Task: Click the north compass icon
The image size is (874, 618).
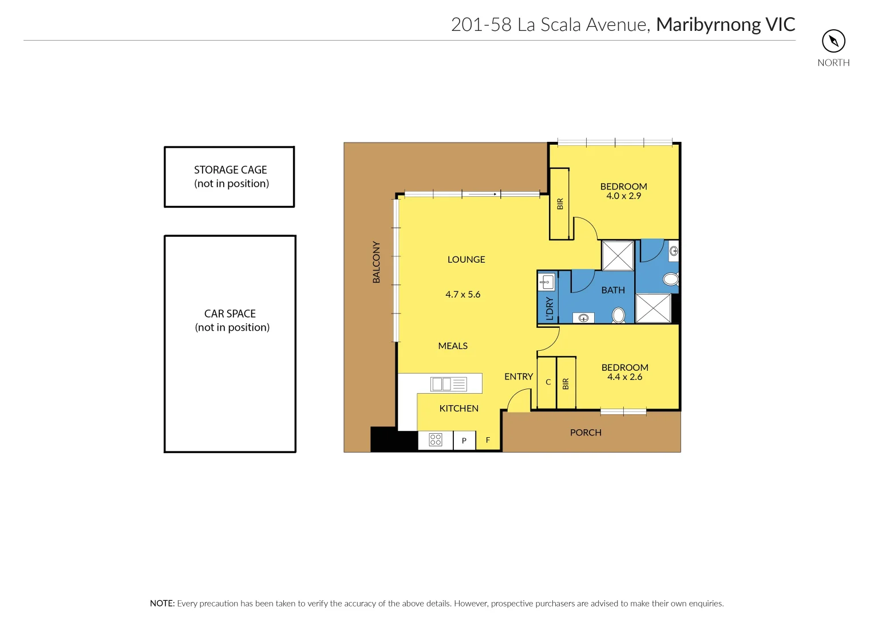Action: tap(833, 41)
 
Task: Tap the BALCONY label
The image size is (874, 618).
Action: tap(376, 262)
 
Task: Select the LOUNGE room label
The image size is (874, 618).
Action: tap(466, 260)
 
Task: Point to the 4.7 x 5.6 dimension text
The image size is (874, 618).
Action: tap(462, 295)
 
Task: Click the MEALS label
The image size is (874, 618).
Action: tap(453, 346)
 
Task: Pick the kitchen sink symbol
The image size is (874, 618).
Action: tap(449, 384)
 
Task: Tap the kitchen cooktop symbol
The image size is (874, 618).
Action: tap(436, 439)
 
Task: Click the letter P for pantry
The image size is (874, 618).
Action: tap(464, 441)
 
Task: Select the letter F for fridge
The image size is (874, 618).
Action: tap(488, 440)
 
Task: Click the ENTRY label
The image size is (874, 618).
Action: tap(519, 377)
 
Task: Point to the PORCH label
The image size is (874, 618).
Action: tap(586, 433)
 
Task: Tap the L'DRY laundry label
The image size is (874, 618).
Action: tap(549, 308)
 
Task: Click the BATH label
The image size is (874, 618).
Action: tap(613, 291)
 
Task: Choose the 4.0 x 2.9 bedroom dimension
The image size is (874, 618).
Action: tap(623, 196)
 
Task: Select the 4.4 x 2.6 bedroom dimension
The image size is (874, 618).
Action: tap(624, 377)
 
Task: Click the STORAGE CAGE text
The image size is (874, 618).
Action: tap(230, 170)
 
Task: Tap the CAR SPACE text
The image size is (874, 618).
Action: tap(230, 314)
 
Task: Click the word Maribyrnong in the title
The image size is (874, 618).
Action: tap(708, 25)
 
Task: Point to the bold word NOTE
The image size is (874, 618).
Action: tap(162, 603)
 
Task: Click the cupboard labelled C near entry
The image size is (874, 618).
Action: tap(548, 382)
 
